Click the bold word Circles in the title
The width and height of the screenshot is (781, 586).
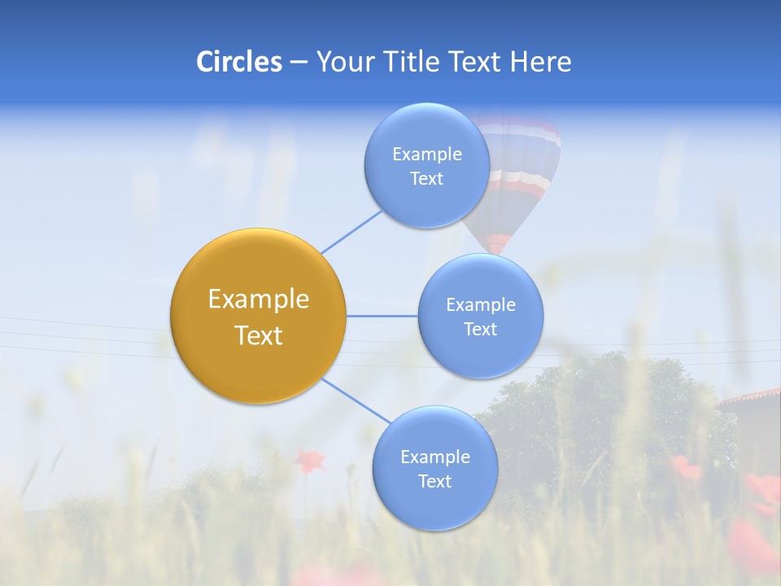238,62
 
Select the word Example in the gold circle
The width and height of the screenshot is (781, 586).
258,300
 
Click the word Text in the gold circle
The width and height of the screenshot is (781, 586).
258,335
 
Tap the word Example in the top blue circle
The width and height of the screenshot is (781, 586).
426,155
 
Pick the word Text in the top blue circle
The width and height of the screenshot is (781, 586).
426,179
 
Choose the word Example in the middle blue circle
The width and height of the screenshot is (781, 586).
480,305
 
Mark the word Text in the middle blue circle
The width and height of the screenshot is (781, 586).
480,330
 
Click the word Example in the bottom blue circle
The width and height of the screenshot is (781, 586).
434,457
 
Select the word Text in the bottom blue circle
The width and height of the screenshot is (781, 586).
434,482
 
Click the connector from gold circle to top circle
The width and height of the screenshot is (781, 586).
351,232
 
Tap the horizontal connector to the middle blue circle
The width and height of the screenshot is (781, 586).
382,316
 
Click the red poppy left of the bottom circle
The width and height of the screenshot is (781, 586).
308,461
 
